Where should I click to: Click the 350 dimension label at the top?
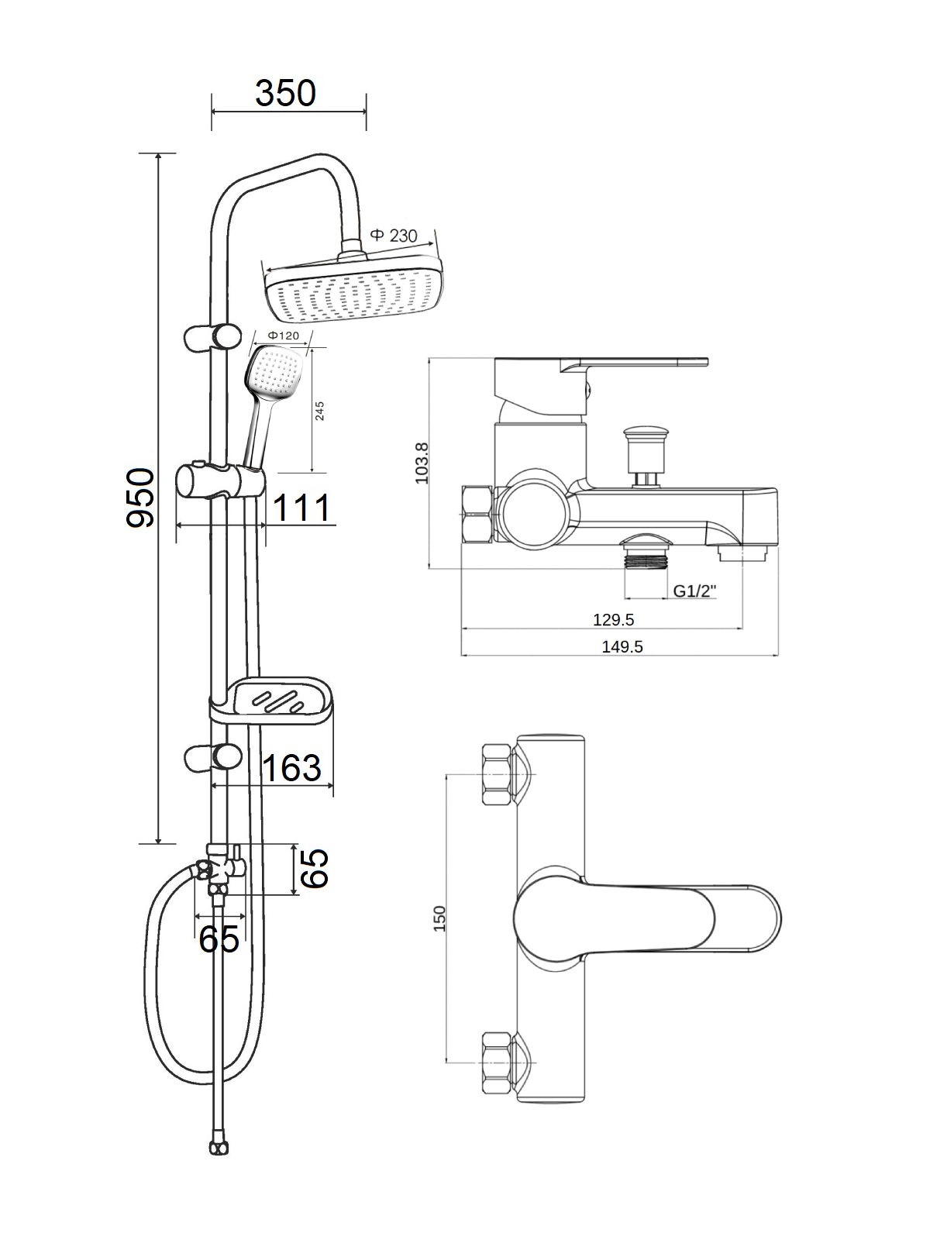[x=286, y=93]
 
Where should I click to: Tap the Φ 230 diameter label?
[x=394, y=236]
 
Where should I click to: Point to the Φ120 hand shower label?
[x=283, y=336]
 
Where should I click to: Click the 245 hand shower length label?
[x=319, y=411]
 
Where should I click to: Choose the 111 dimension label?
[x=302, y=508]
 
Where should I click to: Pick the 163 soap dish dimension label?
[x=291, y=768]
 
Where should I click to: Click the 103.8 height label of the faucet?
[x=422, y=463]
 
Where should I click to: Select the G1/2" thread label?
[x=694, y=591]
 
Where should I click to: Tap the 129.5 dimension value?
[x=614, y=619]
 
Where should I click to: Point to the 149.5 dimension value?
[x=622, y=646]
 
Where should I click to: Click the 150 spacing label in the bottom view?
[x=439, y=918]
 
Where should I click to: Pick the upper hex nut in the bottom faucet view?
[x=497, y=773]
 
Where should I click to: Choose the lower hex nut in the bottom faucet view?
[x=497, y=1062]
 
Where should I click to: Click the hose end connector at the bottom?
[x=218, y=1146]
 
